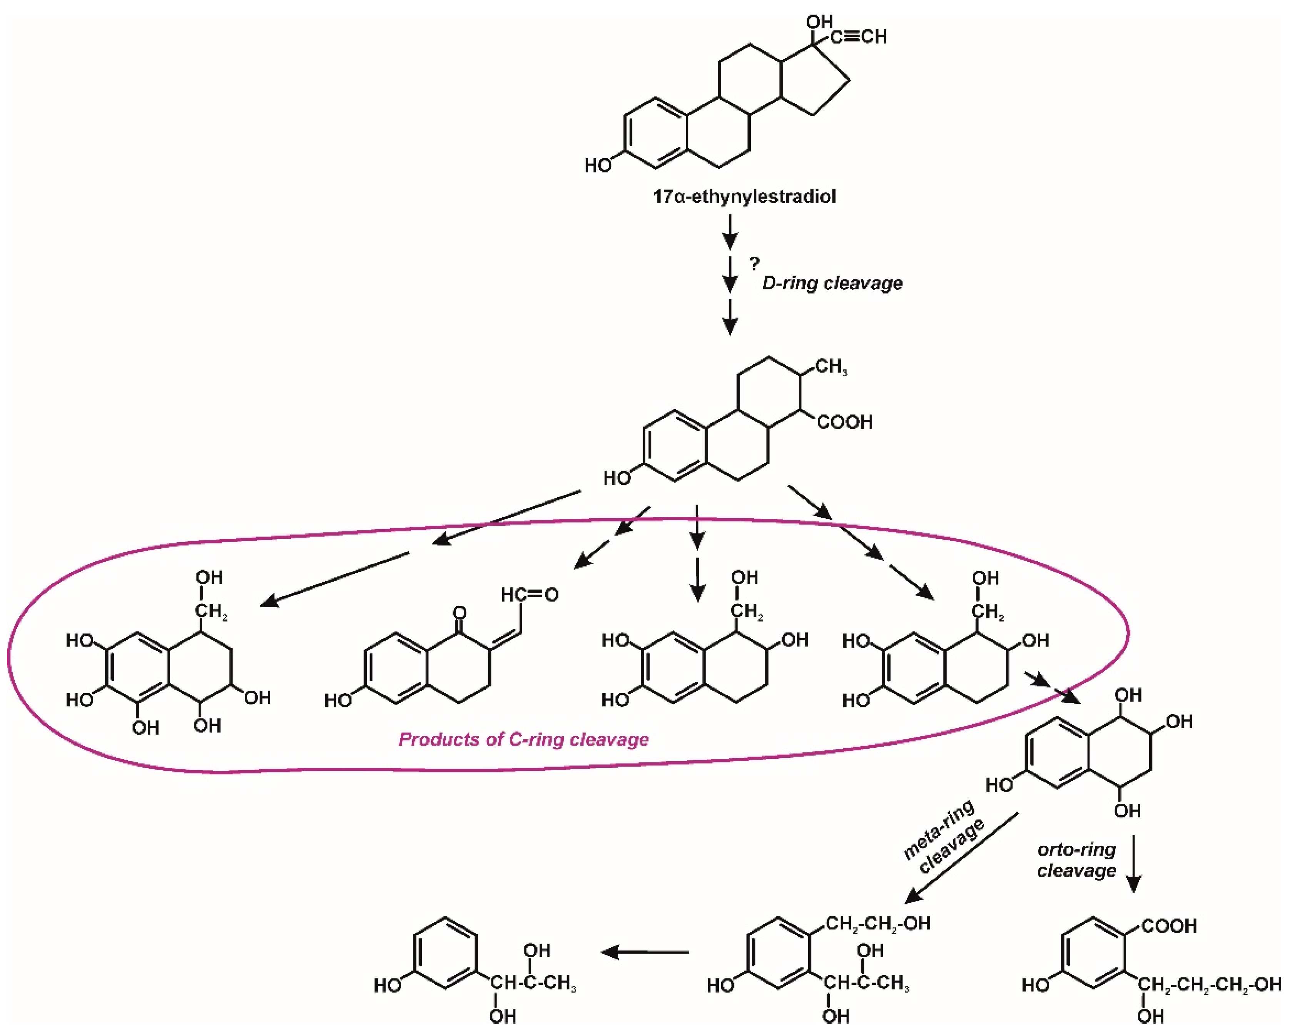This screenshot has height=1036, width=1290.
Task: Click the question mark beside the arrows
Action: [x=755, y=263]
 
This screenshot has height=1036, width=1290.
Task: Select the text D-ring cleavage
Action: [x=832, y=283]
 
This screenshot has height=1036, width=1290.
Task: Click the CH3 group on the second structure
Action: [x=831, y=366]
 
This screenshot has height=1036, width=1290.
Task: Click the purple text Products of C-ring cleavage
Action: [x=523, y=740]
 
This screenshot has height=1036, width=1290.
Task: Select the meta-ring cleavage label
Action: [x=943, y=838]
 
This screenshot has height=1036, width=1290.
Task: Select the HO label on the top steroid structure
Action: [x=598, y=166]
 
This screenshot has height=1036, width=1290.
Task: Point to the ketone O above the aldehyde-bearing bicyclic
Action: [x=459, y=613]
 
